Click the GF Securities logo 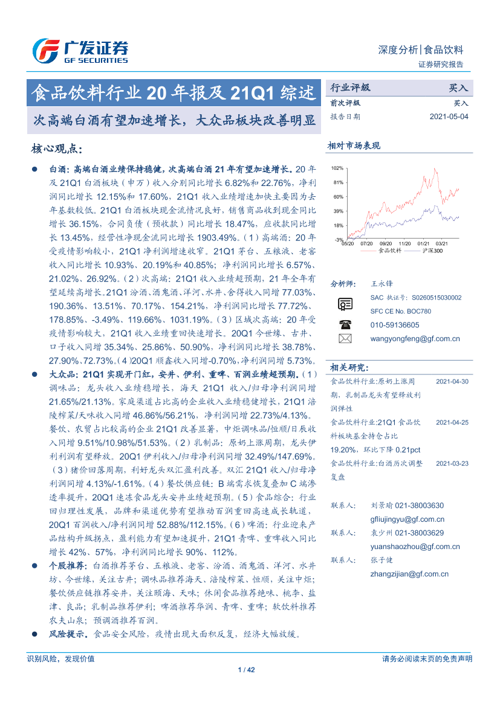click(x=80, y=51)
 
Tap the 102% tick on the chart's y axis click(x=337, y=168)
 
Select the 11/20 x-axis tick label click(x=404, y=244)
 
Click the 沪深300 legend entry click(x=433, y=249)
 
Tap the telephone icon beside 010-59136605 click(x=345, y=325)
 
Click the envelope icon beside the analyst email click(x=345, y=339)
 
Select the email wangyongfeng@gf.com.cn click(x=415, y=339)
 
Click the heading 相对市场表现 click(x=354, y=146)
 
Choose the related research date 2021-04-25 click(x=452, y=422)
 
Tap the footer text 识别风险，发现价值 click(x=61, y=658)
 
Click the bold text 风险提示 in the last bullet click(x=68, y=634)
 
